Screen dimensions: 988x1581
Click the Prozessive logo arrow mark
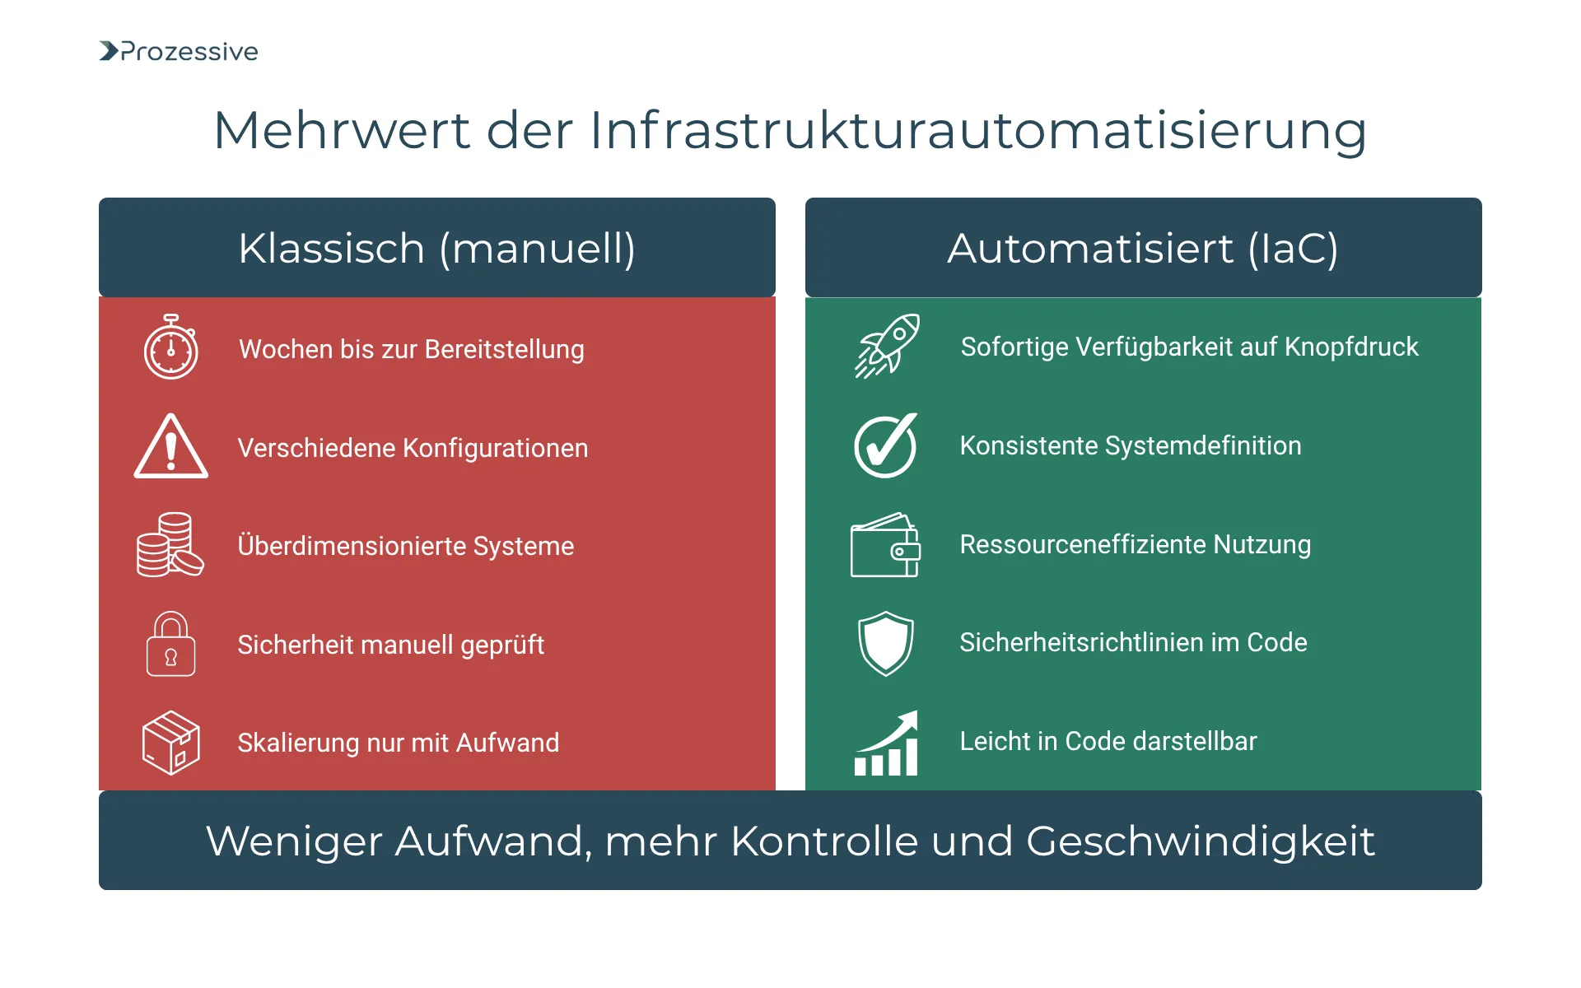coord(109,51)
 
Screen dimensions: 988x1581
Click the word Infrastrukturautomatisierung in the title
coord(977,130)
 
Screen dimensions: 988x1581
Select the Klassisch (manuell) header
coord(436,248)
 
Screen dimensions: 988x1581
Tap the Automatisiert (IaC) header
coord(1143,248)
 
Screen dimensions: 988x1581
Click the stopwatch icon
coord(171,347)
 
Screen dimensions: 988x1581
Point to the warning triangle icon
coord(170,447)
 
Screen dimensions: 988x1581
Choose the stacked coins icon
coord(170,545)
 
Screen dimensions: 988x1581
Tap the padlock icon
coord(170,644)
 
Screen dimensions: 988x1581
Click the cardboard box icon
coord(170,742)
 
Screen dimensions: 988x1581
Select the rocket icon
coord(886,347)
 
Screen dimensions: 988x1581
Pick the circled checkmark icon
coord(885,445)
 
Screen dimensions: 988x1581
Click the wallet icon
coord(885,545)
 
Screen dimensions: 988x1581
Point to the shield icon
coord(885,643)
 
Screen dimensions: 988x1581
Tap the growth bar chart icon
coord(886,743)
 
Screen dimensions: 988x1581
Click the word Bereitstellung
coord(504,349)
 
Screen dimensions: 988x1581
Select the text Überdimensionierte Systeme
coord(405,546)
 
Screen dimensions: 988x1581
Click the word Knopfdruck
coord(1351,347)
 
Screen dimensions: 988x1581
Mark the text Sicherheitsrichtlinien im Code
coord(1133,642)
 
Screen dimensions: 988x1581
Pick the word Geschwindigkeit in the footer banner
coord(1200,841)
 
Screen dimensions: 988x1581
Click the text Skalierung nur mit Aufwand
coord(398,743)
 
